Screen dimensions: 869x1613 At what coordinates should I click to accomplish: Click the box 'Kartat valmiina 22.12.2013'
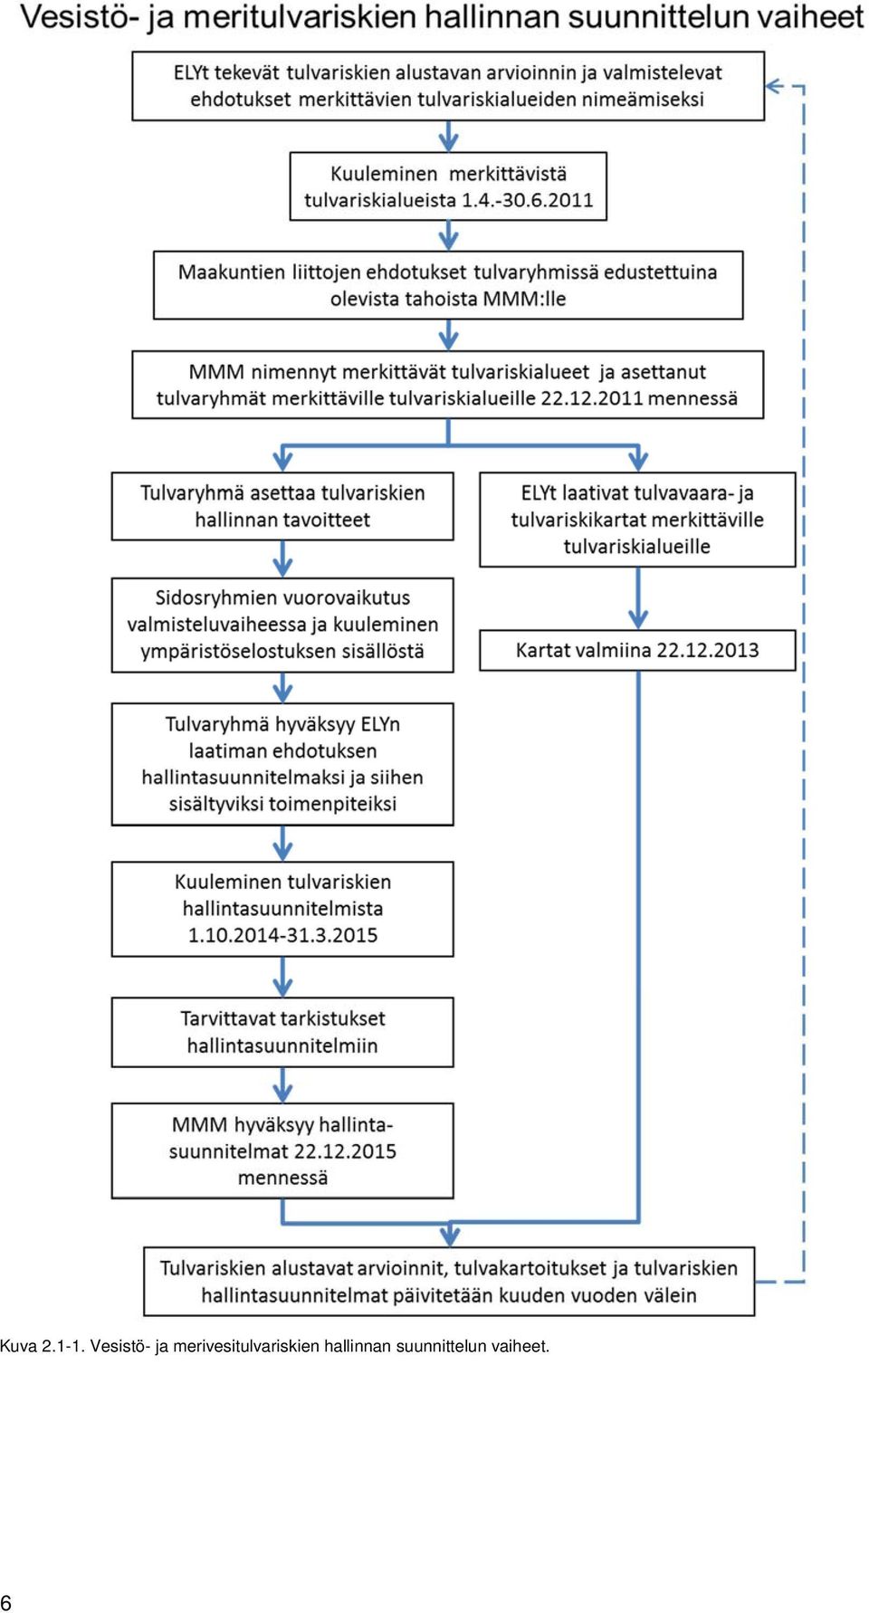[637, 650]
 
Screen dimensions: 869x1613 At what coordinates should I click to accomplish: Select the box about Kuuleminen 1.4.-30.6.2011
[448, 186]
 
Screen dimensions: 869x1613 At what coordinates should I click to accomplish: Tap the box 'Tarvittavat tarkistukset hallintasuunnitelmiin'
[282, 1032]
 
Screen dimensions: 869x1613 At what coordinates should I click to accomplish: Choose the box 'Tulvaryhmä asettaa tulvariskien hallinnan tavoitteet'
[282, 506]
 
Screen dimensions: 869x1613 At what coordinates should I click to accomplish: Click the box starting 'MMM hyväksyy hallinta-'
[282, 1150]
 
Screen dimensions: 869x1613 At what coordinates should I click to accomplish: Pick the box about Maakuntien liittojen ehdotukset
[448, 285]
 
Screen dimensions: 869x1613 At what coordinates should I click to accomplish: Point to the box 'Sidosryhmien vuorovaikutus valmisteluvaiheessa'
[282, 625]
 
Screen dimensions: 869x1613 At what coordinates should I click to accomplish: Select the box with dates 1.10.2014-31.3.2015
[282, 909]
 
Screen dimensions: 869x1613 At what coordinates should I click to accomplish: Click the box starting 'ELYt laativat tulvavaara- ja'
[637, 520]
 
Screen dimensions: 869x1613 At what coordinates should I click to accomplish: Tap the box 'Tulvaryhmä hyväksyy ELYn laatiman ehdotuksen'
[282, 764]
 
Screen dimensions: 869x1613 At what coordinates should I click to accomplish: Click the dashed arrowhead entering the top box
[774, 87]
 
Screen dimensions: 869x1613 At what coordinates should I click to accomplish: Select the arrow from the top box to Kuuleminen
[448, 136]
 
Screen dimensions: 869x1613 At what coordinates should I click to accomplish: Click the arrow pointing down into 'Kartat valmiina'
[638, 598]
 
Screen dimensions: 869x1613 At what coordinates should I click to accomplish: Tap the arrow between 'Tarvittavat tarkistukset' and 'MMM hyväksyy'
[282, 1084]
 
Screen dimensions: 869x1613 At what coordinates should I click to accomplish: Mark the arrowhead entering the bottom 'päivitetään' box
[449, 1236]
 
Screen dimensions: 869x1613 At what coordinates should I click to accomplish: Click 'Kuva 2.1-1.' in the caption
[43, 1346]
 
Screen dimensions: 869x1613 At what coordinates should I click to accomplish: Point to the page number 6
[6, 1601]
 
